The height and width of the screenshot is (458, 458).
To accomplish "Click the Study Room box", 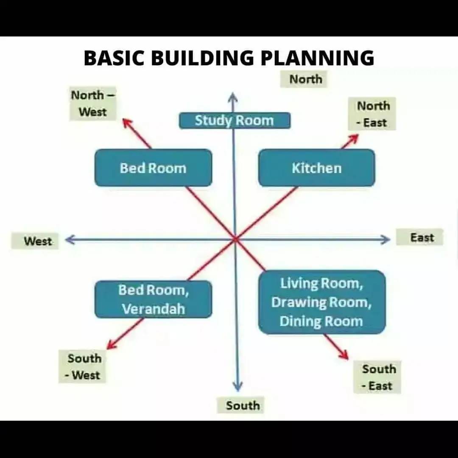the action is [x=235, y=120].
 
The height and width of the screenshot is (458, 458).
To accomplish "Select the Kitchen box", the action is [x=316, y=168].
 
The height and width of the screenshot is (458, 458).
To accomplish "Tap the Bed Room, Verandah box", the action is [x=153, y=299].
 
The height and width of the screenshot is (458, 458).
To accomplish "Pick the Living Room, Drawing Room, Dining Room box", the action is [x=321, y=302].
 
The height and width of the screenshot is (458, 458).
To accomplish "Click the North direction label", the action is [x=305, y=79].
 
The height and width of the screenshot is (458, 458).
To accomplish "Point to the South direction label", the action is [x=243, y=405].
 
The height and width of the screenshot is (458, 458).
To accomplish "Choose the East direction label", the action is [x=422, y=237].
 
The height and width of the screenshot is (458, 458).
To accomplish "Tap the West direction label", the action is [x=38, y=241].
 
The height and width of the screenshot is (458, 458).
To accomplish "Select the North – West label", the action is [x=92, y=103].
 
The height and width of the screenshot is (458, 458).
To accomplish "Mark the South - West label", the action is [x=84, y=367].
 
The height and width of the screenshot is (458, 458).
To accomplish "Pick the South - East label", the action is [x=379, y=377].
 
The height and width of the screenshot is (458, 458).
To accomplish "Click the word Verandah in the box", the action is [x=154, y=309].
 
